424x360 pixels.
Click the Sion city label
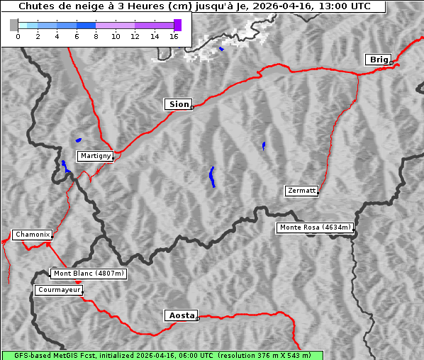[x=178, y=104]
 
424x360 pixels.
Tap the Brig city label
[x=378, y=60]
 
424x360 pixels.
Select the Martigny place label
[x=94, y=155]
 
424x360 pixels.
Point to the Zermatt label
[x=301, y=191]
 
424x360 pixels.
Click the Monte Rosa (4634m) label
[x=315, y=227]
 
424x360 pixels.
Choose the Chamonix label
[x=32, y=235]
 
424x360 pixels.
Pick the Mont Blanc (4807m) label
[x=89, y=273]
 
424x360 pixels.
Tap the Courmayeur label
[x=59, y=290]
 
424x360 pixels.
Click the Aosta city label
[x=181, y=315]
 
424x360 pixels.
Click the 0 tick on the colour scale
[x=18, y=35]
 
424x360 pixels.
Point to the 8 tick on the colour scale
[x=96, y=35]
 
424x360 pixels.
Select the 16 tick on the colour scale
[x=174, y=35]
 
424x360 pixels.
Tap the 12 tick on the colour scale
[x=135, y=35]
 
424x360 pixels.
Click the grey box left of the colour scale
[x=14, y=25]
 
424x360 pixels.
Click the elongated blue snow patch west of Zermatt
[x=212, y=176]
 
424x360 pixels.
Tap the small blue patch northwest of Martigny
[x=78, y=140]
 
